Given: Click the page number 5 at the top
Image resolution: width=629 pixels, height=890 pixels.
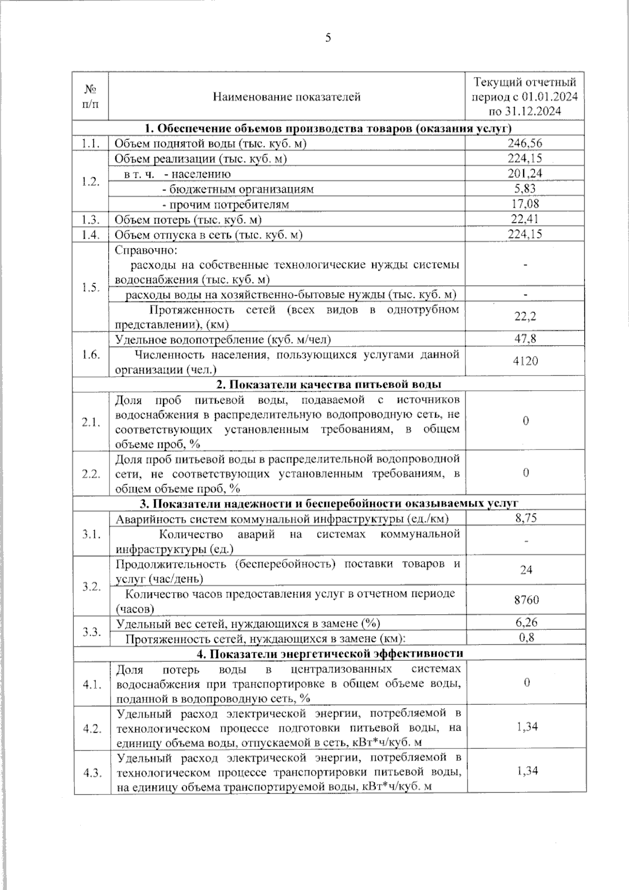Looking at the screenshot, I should [x=329, y=38].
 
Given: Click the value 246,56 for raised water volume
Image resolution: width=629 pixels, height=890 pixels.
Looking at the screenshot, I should [x=525, y=143].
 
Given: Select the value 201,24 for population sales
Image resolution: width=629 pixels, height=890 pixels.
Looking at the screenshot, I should [x=525, y=174].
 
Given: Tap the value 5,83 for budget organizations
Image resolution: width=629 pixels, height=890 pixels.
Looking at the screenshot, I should [x=525, y=189].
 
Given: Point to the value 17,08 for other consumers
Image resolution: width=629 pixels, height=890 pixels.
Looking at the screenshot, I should [x=525, y=204].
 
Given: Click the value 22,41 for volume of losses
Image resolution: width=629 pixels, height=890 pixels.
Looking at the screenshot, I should [x=525, y=219].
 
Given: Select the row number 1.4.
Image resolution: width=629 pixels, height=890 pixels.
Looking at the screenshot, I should [x=91, y=235].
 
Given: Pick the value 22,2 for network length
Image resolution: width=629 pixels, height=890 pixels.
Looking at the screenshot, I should [x=525, y=317].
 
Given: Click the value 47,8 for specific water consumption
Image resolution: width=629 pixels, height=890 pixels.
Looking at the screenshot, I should [x=525, y=339].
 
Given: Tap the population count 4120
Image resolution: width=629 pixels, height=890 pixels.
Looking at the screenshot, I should [x=525, y=361].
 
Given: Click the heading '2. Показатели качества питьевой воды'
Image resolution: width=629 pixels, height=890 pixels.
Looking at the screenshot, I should [x=329, y=384].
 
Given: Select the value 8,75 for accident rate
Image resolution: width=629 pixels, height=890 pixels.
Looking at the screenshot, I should [x=526, y=518].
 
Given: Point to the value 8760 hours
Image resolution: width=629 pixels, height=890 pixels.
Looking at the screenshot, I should [x=526, y=600].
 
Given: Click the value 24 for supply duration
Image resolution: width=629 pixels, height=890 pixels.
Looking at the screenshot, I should [x=526, y=570].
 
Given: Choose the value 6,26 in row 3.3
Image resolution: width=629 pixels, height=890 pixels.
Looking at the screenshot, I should [x=526, y=623].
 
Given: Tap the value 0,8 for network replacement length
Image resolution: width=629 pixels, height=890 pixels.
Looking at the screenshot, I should [x=526, y=638].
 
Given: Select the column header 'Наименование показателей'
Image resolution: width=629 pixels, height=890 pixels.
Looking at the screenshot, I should [x=287, y=96].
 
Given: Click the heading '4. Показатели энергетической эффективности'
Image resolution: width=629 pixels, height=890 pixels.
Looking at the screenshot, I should [x=330, y=653].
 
